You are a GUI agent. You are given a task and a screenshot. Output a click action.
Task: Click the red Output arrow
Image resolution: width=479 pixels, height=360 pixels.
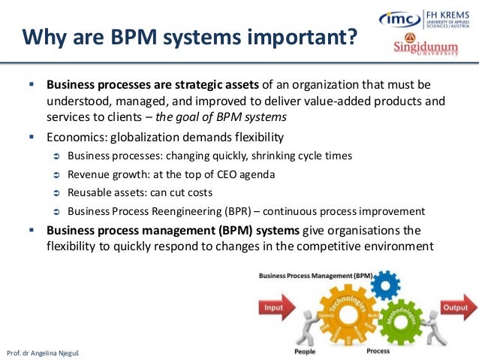pyautogui.click(x=455, y=307)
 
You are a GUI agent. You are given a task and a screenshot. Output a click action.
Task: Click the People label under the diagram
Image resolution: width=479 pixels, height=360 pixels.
pyautogui.click(x=304, y=351)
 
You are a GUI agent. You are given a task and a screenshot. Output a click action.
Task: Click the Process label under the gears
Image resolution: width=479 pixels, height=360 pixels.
pyautogui.click(x=377, y=351)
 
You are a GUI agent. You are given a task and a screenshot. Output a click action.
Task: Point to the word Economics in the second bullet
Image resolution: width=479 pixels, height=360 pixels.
pyautogui.click(x=74, y=137)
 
